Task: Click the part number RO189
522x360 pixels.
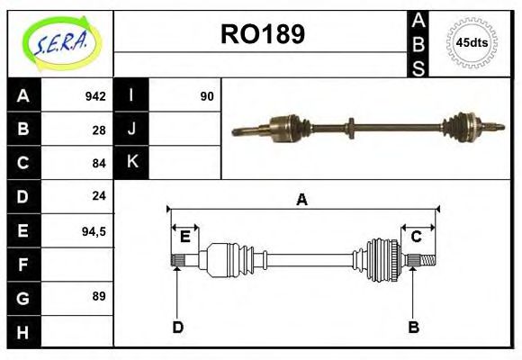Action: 262,34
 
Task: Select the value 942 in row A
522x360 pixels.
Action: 94,96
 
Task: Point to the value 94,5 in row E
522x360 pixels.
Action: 94,230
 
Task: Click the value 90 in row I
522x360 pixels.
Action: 207,96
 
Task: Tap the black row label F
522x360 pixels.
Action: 23,264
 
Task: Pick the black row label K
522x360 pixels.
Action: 132,163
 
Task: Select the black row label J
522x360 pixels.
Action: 132,130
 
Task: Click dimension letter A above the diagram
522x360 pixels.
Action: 301,200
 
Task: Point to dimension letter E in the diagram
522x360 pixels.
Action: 184,237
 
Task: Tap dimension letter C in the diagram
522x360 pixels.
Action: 416,237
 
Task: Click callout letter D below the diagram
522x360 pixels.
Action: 177,328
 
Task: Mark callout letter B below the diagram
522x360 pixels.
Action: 414,328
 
